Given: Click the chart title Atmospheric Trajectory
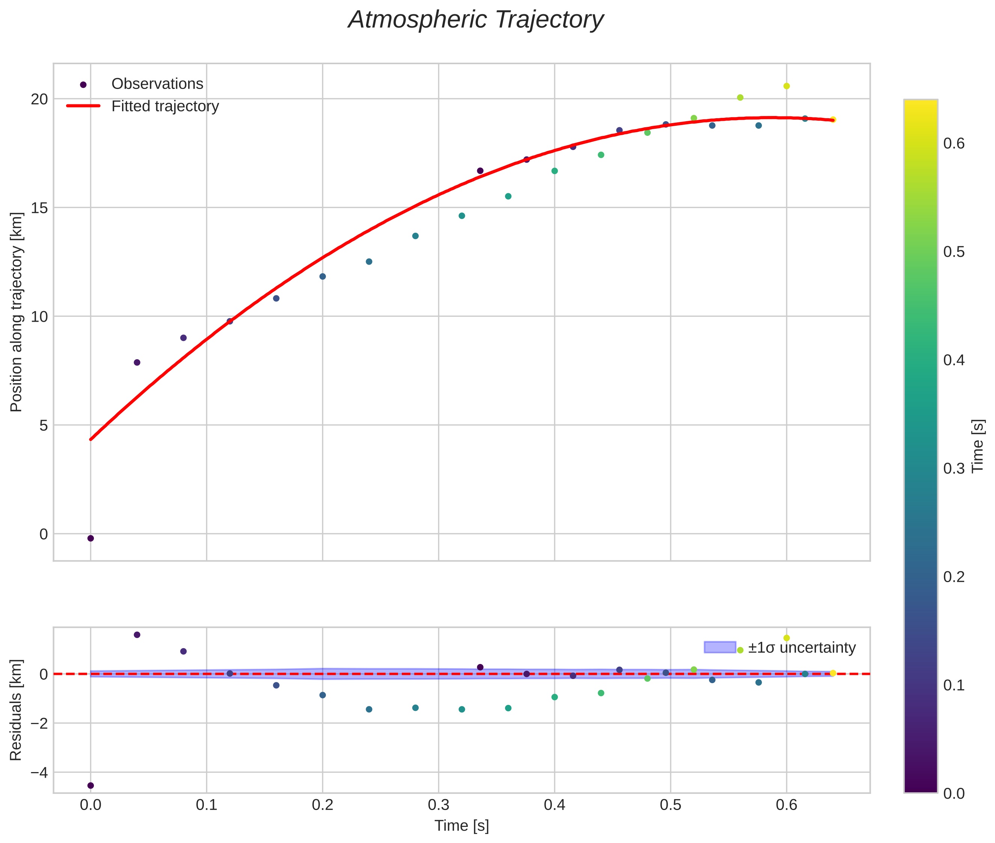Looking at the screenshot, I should tap(476, 20).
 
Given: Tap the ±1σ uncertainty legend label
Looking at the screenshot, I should tap(801, 648).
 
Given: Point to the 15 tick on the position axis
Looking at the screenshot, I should tap(40, 208).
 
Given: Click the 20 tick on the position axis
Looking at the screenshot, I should tap(40, 99).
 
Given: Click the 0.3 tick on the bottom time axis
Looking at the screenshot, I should tap(439, 805).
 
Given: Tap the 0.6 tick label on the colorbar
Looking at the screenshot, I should tap(953, 144).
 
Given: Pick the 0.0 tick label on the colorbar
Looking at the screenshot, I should tap(953, 794).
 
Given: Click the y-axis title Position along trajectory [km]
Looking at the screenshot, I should tap(16, 312).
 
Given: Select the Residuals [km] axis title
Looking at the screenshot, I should tap(16, 710).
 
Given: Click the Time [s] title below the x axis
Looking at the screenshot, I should tap(461, 826).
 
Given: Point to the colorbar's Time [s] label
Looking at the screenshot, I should tap(978, 446).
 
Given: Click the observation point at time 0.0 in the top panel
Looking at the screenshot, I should tap(90, 539).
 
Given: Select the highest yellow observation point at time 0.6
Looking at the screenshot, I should tap(787, 86).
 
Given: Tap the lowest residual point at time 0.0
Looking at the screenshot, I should tap(90, 786).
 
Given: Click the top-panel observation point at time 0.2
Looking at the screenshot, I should tap(323, 277).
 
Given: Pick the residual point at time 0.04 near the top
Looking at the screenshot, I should tap(137, 635).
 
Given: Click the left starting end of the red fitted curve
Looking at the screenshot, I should tap(91, 439).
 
